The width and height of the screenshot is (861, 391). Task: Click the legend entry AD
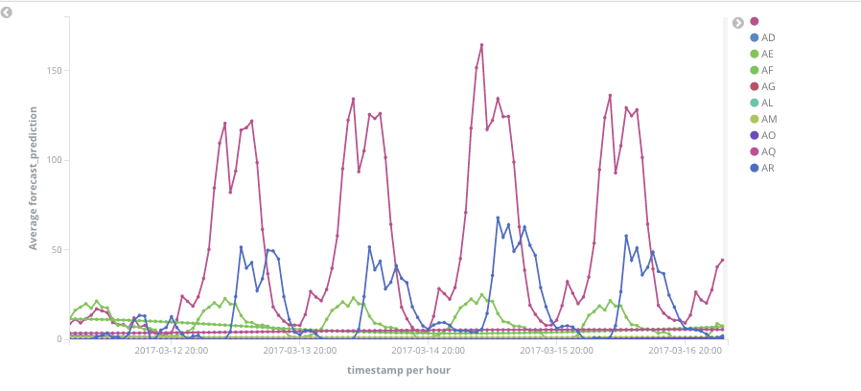(x=767, y=37)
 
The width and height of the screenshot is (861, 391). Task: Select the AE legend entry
(x=767, y=54)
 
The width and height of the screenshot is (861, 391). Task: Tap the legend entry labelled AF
(x=767, y=70)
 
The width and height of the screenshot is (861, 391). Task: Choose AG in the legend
(x=767, y=86)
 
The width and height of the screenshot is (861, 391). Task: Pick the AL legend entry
(x=767, y=103)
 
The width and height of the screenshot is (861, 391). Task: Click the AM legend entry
(x=768, y=119)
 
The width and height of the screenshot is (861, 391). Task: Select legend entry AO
(x=768, y=135)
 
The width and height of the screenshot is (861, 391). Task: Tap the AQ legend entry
(x=768, y=151)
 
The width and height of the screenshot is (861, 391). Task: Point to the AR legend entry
(x=767, y=168)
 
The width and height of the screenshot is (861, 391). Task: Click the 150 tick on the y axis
(x=54, y=70)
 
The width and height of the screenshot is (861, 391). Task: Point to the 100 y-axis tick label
(x=54, y=160)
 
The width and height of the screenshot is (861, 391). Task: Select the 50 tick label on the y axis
(x=57, y=249)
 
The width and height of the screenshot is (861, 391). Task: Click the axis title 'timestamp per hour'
(x=399, y=370)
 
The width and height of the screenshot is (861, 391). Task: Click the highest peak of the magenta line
(x=481, y=45)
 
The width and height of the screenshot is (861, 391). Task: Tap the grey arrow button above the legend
(x=738, y=23)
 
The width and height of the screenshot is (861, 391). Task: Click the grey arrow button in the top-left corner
(x=7, y=12)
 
